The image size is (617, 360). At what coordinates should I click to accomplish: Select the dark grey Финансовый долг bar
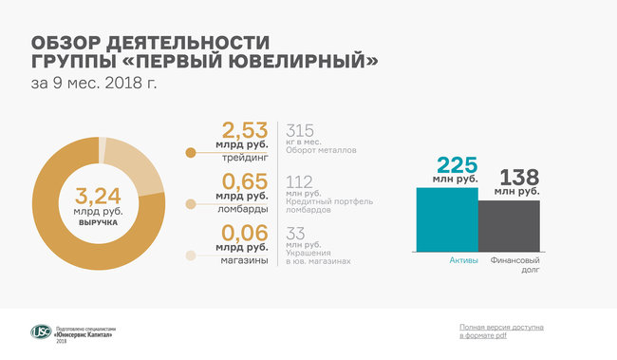point(508,226)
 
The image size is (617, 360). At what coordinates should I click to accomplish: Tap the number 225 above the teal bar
point(457,164)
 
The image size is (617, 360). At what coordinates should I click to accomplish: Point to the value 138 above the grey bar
point(519,178)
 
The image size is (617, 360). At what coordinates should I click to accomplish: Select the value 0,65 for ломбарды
point(245,180)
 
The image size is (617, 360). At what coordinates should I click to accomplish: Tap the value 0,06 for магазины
point(245,233)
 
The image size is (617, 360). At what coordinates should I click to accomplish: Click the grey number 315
point(300,130)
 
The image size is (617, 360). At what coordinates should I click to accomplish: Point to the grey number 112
point(300,181)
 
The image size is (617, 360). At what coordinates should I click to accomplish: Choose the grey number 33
point(295,234)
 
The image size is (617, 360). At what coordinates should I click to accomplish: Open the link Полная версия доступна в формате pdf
point(501,332)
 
